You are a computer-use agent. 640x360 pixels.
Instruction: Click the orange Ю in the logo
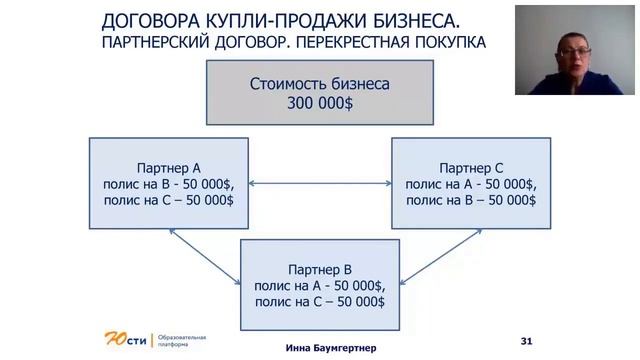click(114, 337)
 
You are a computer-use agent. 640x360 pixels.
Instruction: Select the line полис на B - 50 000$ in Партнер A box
click(168, 185)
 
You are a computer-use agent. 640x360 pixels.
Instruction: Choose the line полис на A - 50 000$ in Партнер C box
click(469, 185)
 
